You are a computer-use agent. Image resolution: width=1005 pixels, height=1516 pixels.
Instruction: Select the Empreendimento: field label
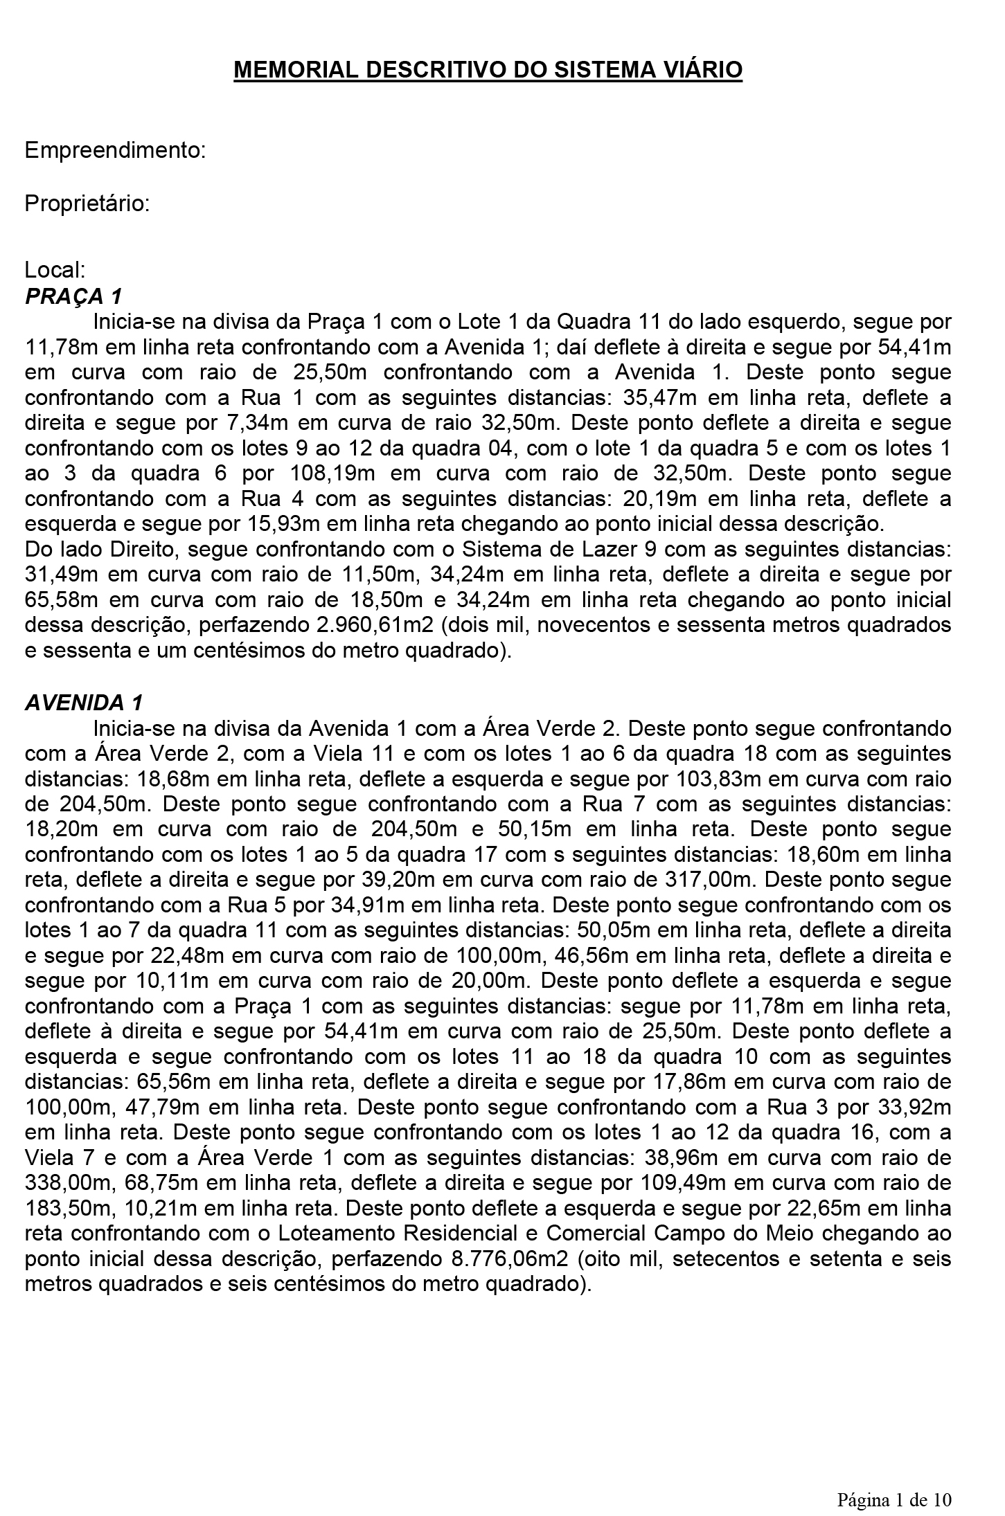click(115, 150)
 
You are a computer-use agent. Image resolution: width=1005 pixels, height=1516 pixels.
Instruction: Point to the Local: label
click(55, 269)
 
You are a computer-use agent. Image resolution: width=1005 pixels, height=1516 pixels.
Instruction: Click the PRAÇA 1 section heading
click(73, 296)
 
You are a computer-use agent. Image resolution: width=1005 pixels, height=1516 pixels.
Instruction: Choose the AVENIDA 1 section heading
click(84, 703)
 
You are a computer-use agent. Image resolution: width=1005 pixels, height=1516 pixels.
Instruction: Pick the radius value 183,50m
click(58, 1209)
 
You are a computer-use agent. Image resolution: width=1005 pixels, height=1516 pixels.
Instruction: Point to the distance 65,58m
click(58, 599)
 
